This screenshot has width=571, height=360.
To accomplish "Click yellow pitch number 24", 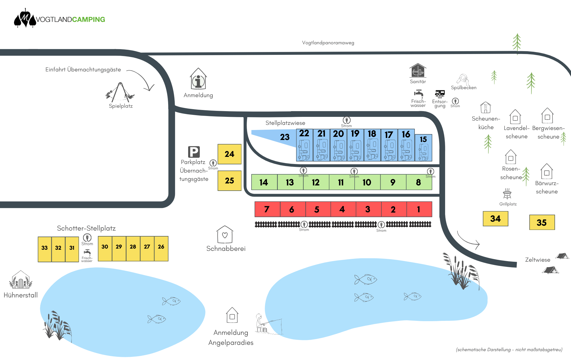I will (x=229, y=154).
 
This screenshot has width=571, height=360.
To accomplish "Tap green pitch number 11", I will (x=341, y=182).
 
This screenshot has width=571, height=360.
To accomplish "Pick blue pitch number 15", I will (x=423, y=148).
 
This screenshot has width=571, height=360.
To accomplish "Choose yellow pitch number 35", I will (x=542, y=222).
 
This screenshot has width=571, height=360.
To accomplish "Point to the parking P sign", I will (x=194, y=152).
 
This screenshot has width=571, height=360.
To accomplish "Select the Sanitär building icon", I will (x=418, y=71).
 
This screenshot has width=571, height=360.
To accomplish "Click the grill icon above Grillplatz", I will (x=507, y=194).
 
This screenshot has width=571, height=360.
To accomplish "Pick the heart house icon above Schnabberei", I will (x=225, y=235).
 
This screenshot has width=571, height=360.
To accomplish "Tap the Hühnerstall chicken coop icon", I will (x=21, y=280).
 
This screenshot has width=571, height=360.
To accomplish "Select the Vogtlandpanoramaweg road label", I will (x=328, y=43).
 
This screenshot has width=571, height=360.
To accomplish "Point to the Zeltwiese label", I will (x=538, y=260).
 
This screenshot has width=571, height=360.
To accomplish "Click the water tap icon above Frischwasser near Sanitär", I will (x=419, y=93).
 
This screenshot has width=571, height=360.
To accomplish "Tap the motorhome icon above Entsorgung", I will (x=440, y=93).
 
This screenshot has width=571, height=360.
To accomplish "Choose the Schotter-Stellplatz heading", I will (x=86, y=228).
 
